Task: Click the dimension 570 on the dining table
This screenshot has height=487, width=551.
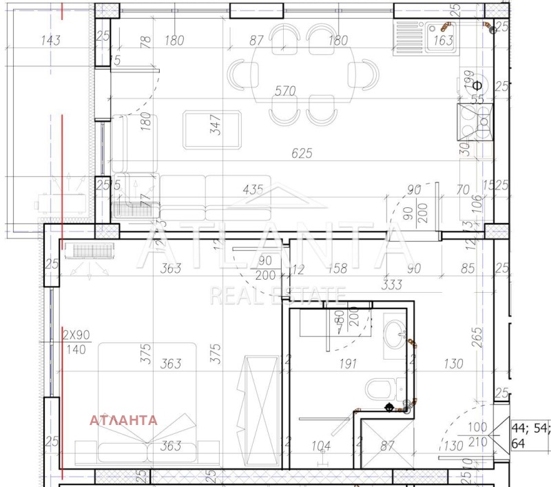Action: click(x=284, y=90)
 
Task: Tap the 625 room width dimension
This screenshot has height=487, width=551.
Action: click(x=302, y=153)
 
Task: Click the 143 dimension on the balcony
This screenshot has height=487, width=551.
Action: click(x=51, y=40)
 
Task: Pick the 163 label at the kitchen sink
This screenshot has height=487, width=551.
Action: click(x=444, y=41)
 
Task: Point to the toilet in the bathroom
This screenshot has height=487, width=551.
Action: click(x=378, y=389)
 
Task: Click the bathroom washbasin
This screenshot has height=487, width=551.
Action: click(x=394, y=333)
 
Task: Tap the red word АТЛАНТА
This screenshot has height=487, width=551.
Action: click(x=124, y=419)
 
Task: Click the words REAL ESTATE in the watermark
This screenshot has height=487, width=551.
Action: click(x=277, y=296)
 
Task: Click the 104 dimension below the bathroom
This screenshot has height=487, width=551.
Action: click(x=320, y=446)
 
